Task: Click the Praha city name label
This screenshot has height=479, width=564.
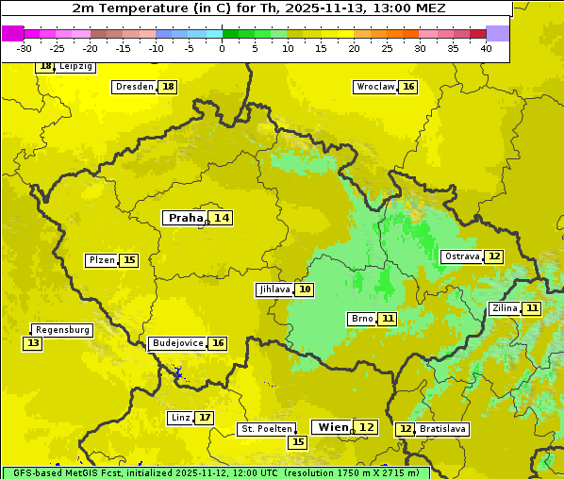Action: [185, 218]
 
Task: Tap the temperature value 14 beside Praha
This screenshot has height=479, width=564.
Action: [221, 218]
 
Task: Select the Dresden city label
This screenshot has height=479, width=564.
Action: [134, 87]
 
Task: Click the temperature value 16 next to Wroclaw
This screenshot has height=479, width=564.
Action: [408, 87]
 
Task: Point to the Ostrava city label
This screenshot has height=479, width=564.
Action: [462, 256]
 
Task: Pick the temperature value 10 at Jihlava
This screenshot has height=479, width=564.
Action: [305, 289]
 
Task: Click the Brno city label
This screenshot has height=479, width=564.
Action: [362, 319]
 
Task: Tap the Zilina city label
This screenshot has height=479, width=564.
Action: [505, 308]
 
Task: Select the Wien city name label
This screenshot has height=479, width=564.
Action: [333, 427]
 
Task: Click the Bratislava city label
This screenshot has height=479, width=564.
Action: [442, 429]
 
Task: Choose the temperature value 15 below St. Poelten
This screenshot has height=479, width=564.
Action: [298, 441]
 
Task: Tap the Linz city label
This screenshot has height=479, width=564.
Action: [180, 418]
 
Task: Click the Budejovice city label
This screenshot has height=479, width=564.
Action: [177, 343]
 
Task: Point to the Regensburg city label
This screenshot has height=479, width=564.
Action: [62, 330]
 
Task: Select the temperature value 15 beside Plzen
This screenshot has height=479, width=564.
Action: [129, 260]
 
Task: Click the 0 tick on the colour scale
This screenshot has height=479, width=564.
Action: [223, 48]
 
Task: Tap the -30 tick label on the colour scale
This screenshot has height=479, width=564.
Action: [25, 48]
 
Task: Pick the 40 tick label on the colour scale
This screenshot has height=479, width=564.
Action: [486, 48]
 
